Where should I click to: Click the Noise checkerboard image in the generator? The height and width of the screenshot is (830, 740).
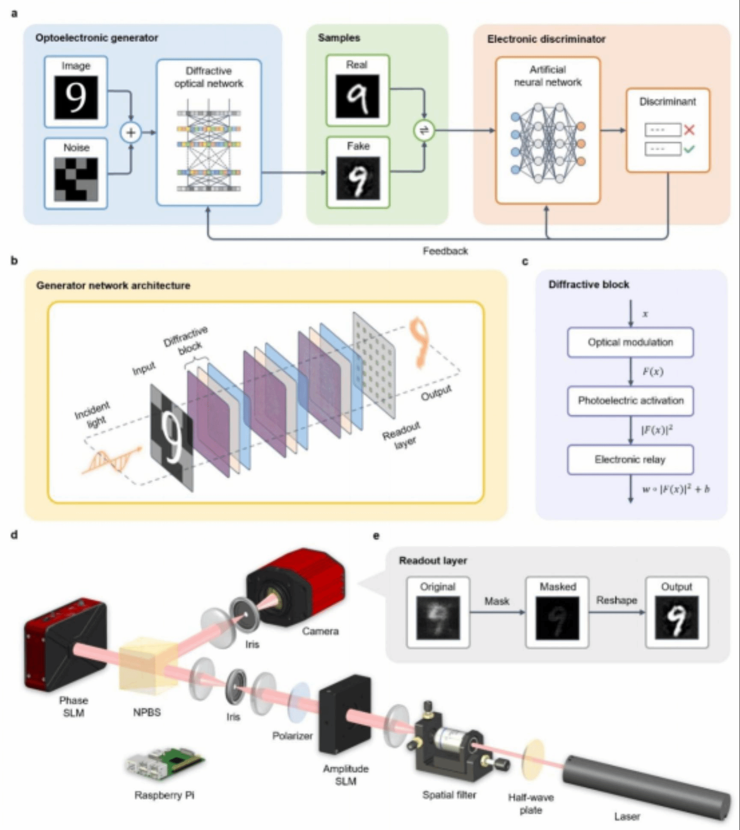click(76, 179)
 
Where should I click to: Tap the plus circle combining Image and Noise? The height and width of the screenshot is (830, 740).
click(131, 132)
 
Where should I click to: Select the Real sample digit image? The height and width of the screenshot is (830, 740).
click(357, 96)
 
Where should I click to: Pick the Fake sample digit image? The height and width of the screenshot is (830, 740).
click(358, 178)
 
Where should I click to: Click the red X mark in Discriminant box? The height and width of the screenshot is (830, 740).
click(689, 129)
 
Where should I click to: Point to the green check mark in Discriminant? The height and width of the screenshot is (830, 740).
click(689, 149)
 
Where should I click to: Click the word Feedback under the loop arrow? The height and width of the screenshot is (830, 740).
click(445, 251)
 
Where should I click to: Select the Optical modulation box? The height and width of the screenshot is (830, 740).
click(630, 342)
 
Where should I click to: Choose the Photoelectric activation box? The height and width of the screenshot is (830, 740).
click(630, 401)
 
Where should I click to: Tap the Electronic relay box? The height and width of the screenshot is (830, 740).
click(630, 460)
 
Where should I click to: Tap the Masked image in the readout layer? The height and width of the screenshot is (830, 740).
click(557, 618)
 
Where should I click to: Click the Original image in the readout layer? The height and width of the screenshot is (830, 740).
click(438, 618)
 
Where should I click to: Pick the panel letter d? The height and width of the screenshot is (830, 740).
click(15, 534)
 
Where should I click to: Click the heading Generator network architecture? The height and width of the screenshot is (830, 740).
click(113, 286)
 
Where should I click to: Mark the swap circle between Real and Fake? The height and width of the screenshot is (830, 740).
click(424, 131)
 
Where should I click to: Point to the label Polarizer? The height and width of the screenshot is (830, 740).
click(292, 736)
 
